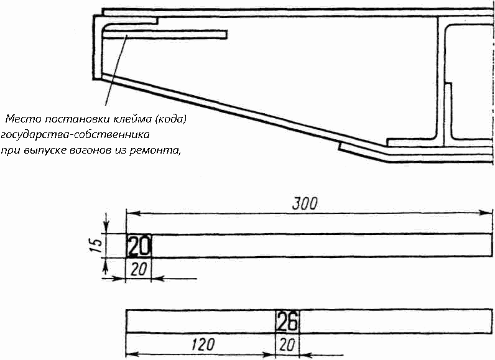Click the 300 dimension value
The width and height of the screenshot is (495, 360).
[305, 203]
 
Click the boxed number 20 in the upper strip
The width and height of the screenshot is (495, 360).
[139, 247]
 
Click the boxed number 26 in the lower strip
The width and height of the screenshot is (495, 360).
[287, 321]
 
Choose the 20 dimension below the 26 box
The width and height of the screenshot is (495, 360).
[287, 344]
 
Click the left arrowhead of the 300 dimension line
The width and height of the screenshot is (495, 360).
[131, 213]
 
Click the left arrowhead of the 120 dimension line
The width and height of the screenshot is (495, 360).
[131, 355]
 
